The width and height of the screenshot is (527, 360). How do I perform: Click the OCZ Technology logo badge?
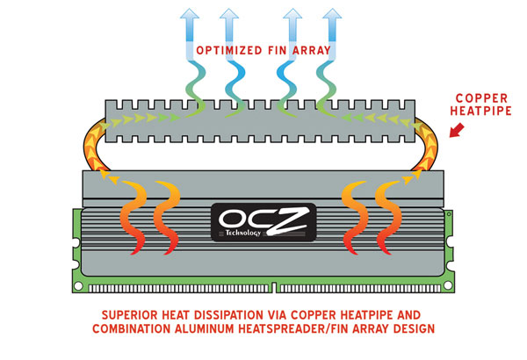(x=263, y=222)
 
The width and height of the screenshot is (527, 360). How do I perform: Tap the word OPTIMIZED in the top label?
(x=229, y=51)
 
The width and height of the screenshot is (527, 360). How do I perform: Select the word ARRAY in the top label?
(x=312, y=51)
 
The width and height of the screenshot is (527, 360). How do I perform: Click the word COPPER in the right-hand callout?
(x=481, y=98)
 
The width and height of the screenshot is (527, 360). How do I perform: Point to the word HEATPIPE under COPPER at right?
(x=480, y=111)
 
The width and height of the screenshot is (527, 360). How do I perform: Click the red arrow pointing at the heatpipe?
(x=457, y=131)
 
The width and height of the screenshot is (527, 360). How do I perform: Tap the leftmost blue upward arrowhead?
(x=190, y=13)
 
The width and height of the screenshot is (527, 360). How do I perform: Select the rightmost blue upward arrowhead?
(x=332, y=13)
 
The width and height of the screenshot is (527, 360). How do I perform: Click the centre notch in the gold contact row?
(x=275, y=287)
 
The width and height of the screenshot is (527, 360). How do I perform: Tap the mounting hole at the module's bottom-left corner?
(x=78, y=286)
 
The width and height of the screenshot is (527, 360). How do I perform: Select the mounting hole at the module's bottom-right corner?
(x=448, y=285)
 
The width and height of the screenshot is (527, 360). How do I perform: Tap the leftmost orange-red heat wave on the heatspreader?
(x=134, y=218)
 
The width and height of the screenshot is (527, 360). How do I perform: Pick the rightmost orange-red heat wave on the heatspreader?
(x=388, y=218)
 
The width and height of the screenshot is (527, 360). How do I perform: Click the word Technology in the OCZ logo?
(x=243, y=233)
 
